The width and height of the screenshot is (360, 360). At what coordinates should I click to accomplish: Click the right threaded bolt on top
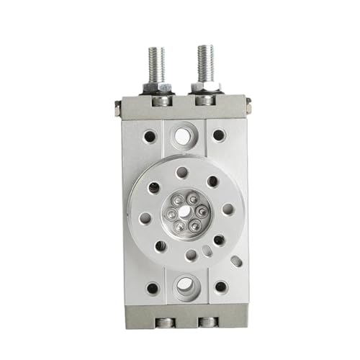[205, 63]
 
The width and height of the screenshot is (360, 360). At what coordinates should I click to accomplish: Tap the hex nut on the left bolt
[157, 88]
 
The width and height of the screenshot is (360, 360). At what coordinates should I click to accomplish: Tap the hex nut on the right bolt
[205, 86]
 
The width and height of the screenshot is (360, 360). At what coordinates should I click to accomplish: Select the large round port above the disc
[184, 134]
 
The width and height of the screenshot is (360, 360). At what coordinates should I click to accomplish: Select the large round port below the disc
[184, 284]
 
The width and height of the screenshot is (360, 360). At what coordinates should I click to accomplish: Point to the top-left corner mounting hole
[149, 135]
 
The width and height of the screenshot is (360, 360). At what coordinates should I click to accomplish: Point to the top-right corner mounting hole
[219, 135]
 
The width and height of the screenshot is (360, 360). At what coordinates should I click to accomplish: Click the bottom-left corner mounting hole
[152, 288]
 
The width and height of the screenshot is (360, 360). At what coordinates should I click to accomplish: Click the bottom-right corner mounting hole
[220, 287]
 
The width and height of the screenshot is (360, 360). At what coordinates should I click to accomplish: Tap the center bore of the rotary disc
[186, 212]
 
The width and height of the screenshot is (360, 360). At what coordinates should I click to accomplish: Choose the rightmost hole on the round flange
[228, 210]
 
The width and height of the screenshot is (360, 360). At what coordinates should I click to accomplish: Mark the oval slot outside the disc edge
[236, 260]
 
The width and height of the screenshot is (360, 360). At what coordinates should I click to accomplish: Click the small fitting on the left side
[117, 108]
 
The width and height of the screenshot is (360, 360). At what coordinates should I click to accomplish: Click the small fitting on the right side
[248, 107]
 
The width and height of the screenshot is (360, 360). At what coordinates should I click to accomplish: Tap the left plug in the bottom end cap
[165, 322]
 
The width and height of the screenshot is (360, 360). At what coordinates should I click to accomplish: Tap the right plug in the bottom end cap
[207, 322]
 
